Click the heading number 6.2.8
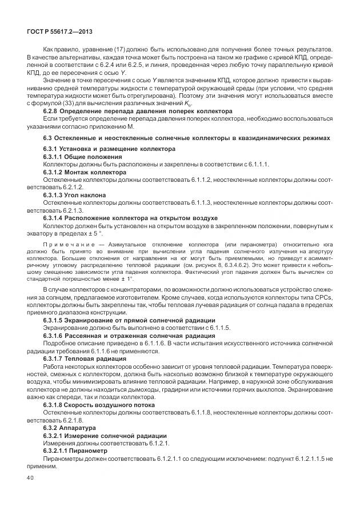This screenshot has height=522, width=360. click(x=52, y=111)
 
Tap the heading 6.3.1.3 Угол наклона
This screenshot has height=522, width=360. click(x=75, y=195)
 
